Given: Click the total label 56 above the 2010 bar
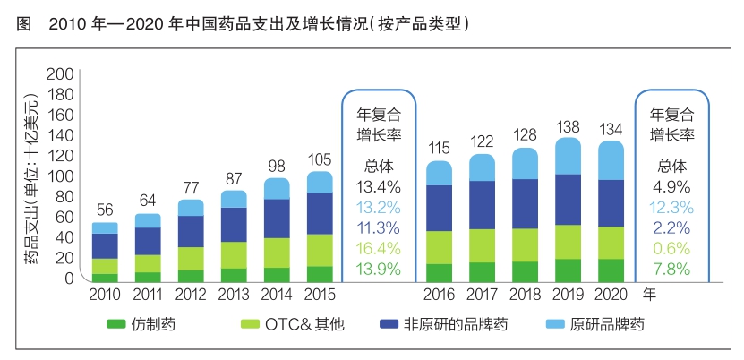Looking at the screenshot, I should (105, 210).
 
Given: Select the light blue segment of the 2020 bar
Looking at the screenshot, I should (611, 160).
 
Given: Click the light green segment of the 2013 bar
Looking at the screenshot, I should (234, 254).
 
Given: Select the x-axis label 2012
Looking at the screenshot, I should (191, 295).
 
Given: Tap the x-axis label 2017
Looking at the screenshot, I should (483, 295).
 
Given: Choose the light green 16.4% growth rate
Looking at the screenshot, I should (379, 248).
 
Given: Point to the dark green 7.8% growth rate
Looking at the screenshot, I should (671, 269).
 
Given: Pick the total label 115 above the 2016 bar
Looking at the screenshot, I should (440, 149).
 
